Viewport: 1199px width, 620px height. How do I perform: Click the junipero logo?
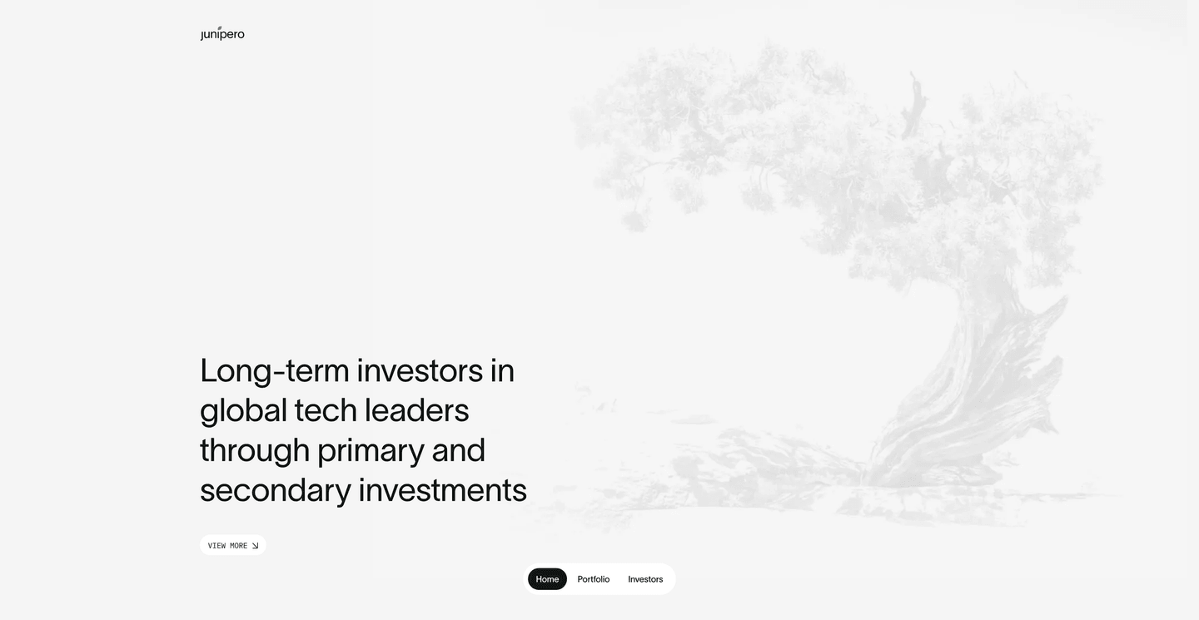[222, 34]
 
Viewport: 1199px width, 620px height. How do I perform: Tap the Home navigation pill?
[547, 579]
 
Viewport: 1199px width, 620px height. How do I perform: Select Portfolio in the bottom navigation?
[594, 579]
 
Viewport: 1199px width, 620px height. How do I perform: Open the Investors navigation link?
[645, 579]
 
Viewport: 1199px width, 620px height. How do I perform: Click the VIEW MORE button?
[232, 546]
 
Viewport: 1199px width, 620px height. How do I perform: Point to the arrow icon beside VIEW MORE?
[256, 546]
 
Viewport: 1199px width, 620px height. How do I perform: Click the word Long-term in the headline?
[274, 370]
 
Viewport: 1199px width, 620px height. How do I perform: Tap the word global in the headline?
[242, 410]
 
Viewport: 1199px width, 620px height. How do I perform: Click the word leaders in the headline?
[416, 410]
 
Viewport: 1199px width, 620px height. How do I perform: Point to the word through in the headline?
[254, 450]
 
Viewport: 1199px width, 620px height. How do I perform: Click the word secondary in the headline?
[275, 490]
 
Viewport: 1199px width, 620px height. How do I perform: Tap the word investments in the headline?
[442, 490]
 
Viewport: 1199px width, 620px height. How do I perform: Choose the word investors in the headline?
[420, 370]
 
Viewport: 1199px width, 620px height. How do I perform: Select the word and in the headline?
[458, 450]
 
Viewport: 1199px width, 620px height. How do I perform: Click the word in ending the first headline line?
[502, 370]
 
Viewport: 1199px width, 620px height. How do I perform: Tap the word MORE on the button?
[238, 546]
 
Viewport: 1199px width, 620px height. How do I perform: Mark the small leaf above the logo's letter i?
[220, 27]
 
